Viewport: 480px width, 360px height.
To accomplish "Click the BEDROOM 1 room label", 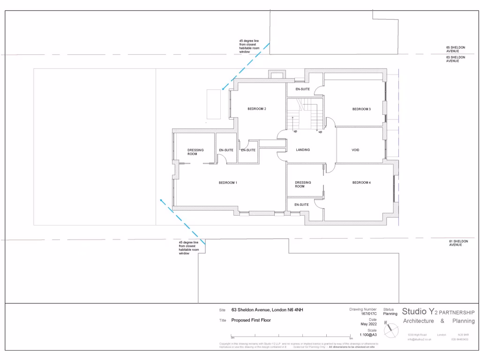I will (228, 182).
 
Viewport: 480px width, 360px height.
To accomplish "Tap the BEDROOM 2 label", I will (257, 109).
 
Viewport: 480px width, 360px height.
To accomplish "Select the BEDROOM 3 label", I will (361, 109).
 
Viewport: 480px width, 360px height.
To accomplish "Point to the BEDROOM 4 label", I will (361, 182).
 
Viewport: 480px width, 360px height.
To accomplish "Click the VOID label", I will (355, 150).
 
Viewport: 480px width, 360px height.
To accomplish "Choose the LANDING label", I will (303, 150).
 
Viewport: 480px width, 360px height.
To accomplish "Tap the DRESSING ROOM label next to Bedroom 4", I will (303, 184).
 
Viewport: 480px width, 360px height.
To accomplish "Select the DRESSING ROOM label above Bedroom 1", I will (195, 152).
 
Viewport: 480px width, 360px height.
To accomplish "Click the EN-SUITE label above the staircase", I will (302, 89).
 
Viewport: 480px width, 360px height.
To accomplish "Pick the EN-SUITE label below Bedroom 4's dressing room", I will (301, 205).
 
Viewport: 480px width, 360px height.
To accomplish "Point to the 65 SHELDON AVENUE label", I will (456, 49).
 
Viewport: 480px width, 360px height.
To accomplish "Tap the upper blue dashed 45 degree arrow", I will (246, 65).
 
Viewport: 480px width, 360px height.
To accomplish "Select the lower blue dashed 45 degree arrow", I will (182, 220).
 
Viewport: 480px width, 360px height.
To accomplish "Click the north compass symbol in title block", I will (390, 330).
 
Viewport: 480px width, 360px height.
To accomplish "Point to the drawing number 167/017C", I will (369, 314).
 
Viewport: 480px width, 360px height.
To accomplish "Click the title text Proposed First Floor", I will (251, 321).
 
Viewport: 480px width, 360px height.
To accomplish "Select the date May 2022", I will (368, 324).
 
